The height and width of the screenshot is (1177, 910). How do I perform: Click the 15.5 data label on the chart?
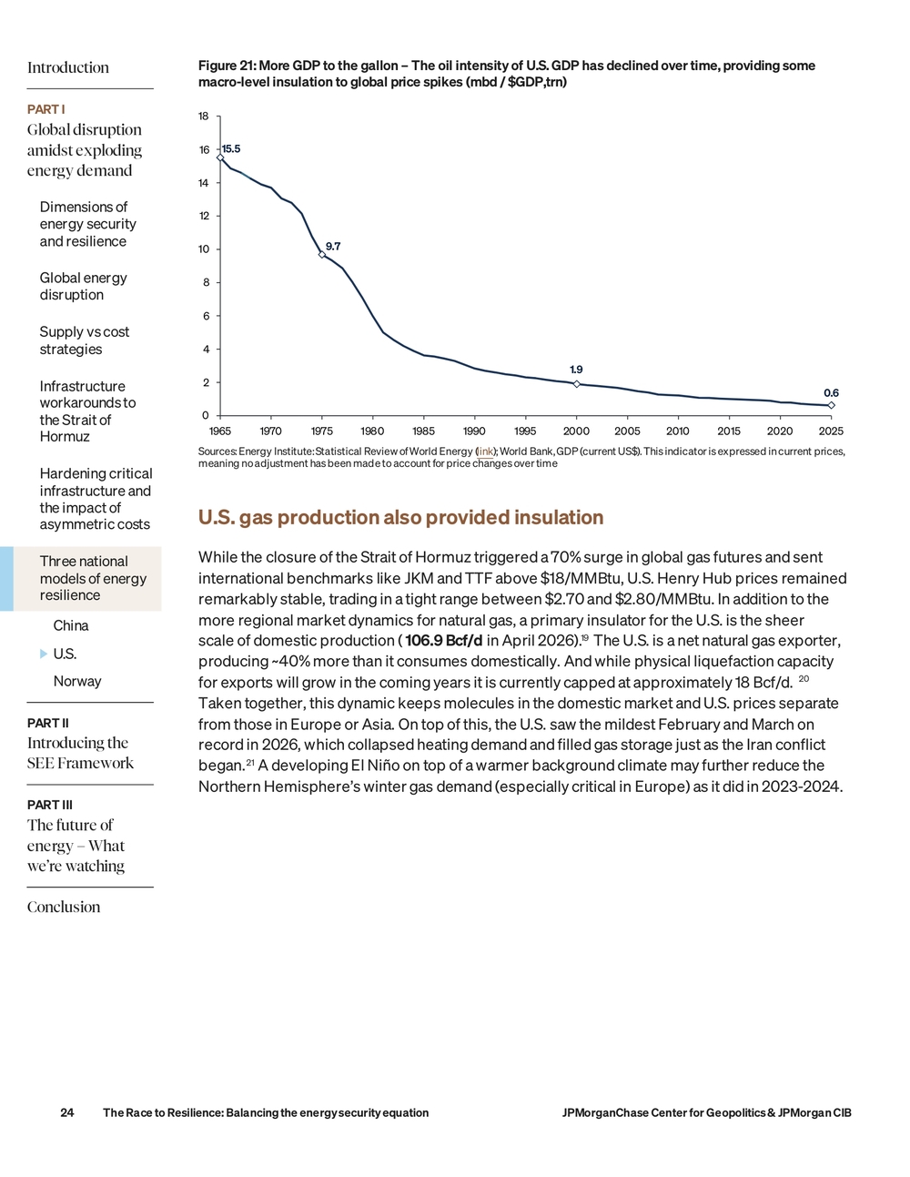(230, 149)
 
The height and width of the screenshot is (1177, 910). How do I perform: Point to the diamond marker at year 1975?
(321, 254)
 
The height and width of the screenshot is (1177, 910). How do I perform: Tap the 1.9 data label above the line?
(576, 370)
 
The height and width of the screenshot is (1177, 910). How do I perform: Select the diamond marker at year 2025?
(831, 405)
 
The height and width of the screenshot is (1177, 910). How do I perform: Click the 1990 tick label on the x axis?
(474, 431)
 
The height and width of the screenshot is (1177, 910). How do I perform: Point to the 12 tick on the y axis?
(204, 216)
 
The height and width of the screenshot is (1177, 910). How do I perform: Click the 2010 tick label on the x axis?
(678, 431)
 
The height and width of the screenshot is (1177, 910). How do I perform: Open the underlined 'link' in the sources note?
(485, 452)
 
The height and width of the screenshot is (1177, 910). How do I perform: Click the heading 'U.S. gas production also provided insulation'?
(400, 517)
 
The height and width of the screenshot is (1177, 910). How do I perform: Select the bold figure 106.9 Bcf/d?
(443, 641)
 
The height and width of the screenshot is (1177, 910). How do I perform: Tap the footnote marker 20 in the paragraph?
(804, 679)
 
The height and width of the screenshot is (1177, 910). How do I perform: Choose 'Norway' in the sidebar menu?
(76, 682)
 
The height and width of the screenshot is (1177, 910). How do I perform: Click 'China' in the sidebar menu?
(71, 625)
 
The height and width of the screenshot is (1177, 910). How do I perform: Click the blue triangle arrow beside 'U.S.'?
(44, 654)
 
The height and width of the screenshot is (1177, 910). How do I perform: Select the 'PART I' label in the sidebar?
(46, 109)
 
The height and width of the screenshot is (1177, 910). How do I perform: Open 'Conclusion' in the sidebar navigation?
(64, 908)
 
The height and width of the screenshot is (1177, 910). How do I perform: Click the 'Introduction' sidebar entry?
(68, 67)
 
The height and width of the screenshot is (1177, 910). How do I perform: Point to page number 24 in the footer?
(67, 1112)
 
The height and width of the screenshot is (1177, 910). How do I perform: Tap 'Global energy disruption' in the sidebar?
(84, 286)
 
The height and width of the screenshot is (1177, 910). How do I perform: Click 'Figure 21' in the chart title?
(227, 66)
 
